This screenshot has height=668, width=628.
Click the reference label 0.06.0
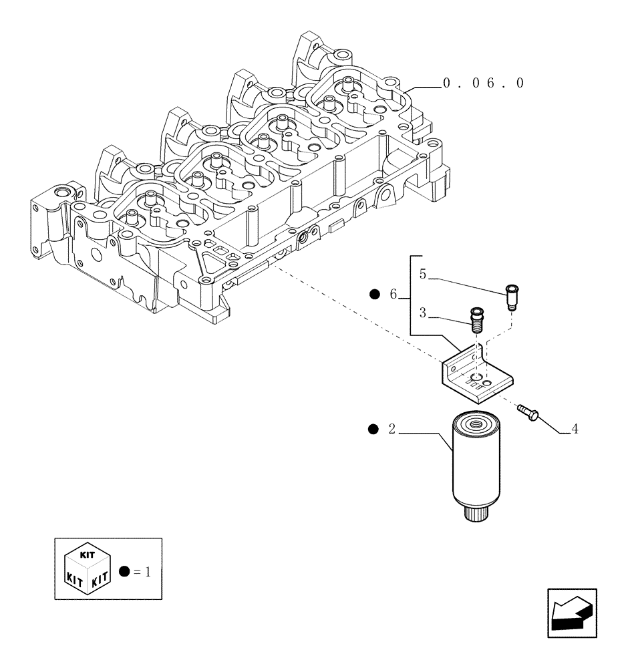482,83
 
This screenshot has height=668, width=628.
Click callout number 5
423,273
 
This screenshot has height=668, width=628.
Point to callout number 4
574,428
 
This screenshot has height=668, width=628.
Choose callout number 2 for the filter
392,429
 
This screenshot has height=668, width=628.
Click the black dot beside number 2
373,429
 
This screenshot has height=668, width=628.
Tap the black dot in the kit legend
123,571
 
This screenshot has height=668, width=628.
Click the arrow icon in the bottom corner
572,613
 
